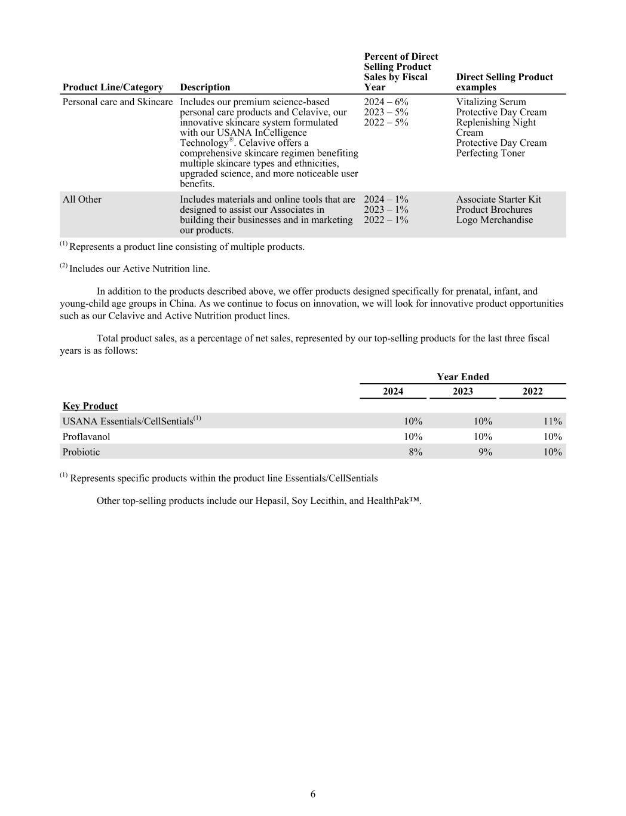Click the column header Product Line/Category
point(112,87)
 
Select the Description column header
point(205,87)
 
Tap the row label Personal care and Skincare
point(118,102)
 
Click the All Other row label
point(82,200)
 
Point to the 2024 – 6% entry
point(386,102)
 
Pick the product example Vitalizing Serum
point(491,102)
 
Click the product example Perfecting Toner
point(490,153)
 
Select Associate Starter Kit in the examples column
point(498,200)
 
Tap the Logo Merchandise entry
point(494,220)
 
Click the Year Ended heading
point(462,377)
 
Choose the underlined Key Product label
point(90,406)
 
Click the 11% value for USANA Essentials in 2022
point(553,421)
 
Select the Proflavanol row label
point(87,436)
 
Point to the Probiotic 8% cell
point(415,452)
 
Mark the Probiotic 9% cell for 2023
point(486,452)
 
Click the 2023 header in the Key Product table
point(462,392)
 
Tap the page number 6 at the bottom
point(313,794)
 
